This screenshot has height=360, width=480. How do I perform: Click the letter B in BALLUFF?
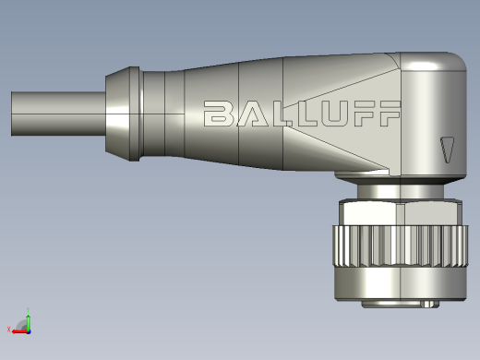[218, 114]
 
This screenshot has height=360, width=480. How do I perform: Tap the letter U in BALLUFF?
[334, 114]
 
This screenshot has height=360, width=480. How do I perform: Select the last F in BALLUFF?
[390, 114]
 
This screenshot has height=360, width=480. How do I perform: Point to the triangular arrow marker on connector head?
[447, 150]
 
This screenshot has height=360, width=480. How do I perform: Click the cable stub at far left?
[58, 114]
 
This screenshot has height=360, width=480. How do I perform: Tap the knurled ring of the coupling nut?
[401, 246]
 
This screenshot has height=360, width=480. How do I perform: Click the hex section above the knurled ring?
[401, 213]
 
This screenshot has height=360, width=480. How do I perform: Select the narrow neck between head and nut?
[401, 191]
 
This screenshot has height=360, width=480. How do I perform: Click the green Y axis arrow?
[29, 322]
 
